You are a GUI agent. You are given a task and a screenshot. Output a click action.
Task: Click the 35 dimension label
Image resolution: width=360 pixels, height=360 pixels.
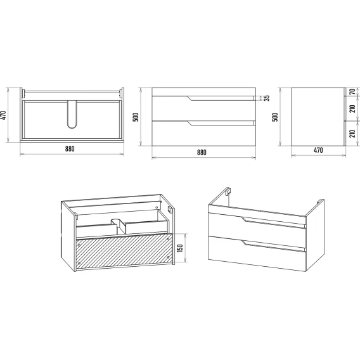(267, 98)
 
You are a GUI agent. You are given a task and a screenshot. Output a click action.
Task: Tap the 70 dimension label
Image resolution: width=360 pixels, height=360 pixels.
(352, 92)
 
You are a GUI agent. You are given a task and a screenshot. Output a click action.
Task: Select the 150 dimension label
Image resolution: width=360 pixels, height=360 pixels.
(180, 248)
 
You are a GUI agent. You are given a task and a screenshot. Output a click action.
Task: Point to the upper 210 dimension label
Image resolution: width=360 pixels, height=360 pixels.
(352, 108)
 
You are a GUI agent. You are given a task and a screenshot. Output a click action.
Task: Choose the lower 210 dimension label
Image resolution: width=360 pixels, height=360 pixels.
(352, 133)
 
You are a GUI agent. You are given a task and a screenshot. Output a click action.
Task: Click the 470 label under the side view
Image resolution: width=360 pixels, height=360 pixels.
(318, 150)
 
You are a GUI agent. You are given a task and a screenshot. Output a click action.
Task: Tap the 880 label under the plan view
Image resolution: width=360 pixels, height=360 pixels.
(70, 149)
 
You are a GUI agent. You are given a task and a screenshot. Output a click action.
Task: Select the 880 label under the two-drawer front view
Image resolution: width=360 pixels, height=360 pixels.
(202, 152)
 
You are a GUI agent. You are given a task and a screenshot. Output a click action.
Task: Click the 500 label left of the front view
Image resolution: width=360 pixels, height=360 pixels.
(136, 117)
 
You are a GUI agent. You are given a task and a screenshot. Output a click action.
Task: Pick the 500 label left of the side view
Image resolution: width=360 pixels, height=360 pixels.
(275, 117)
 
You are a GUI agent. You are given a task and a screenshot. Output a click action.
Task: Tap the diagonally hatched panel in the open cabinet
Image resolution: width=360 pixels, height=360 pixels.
(124, 251)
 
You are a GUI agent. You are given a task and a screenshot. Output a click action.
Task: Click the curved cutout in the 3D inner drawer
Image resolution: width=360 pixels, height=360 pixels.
(119, 226)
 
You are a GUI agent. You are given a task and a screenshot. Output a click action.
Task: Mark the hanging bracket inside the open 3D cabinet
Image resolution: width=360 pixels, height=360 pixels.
(170, 209)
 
